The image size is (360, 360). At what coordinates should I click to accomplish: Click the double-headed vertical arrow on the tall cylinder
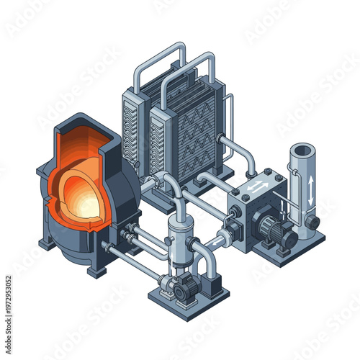pos(310,190)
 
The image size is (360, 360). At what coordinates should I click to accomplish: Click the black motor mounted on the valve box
pos(274,231)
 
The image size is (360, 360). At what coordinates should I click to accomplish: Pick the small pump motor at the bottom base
pos(185,288)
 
